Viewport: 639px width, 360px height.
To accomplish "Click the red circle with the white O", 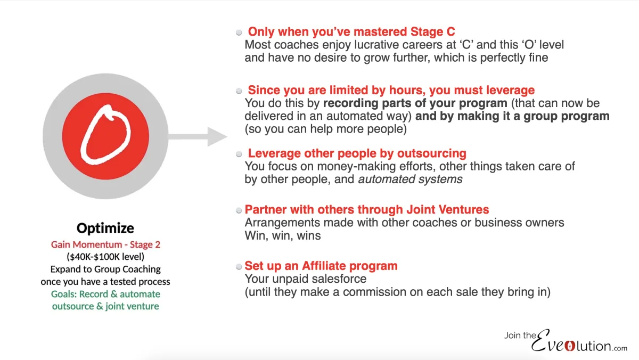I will pos(111,137).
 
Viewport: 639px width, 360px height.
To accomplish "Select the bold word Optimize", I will pos(105,228).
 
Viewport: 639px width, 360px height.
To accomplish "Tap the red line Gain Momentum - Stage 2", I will pos(105,244).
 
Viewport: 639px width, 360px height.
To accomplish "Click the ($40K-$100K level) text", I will pos(105,257).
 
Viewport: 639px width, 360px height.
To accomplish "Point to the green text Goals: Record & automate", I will pos(105,294).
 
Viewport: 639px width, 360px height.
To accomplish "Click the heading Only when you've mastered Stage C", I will pos(351,31).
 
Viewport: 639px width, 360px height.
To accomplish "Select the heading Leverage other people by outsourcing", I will pos(357,153).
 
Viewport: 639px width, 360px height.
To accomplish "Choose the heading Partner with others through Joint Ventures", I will pos(366,209).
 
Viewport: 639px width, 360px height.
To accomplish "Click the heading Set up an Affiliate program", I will pos(321,266).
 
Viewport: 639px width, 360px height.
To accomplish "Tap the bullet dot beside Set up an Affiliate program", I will pos(239,267).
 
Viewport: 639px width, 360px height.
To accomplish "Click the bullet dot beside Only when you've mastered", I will pos(239,32).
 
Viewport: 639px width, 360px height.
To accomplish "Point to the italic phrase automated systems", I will pos(410,179).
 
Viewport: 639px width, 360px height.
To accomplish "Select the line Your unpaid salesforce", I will pos(306,279).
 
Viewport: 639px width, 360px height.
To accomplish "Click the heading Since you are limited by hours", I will pos(391,90).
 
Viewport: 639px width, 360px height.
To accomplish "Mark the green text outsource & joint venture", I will pos(105,306).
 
